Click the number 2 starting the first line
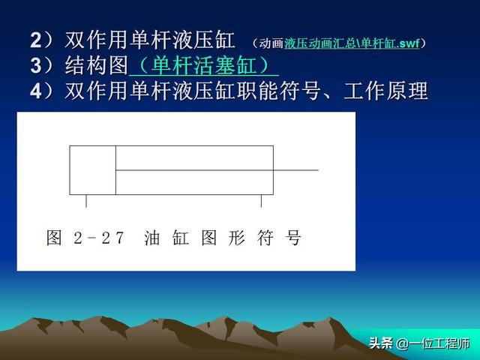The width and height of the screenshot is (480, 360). point(35,40)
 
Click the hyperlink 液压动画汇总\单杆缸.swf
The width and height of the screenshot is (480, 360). point(352,43)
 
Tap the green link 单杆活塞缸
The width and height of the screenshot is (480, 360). point(204,65)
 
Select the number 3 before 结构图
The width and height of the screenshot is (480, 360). point(35,66)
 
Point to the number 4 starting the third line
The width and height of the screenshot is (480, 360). point(35,91)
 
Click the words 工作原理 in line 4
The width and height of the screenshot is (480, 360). point(385,91)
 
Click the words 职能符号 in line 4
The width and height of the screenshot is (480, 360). point(278,91)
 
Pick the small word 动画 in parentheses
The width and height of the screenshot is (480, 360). point(271,43)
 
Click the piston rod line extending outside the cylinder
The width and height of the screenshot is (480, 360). point(295,170)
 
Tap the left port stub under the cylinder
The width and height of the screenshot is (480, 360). point(86,201)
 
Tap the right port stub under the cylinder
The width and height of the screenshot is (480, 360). point(261,201)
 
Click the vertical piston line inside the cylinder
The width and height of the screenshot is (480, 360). point(115,170)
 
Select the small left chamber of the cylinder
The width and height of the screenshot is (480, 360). point(93,170)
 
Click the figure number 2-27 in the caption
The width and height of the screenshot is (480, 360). point(99,238)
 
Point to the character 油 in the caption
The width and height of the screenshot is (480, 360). point(151,238)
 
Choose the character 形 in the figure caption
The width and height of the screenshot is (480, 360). point(237,238)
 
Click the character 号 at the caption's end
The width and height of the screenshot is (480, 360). point(293,238)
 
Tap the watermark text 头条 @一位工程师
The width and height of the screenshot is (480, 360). point(419,343)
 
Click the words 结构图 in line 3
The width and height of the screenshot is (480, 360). point(97,65)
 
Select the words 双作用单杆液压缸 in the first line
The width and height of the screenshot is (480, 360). point(150,40)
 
